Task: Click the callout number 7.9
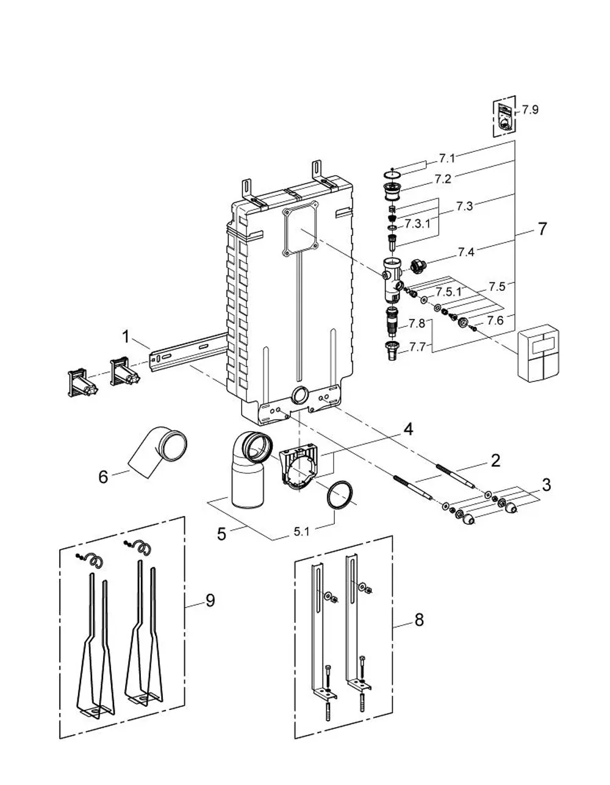pos(530,109)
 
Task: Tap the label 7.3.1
pos(417,224)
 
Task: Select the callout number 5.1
pos(301,532)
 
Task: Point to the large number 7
pos(542,229)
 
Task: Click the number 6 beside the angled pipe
pos(103,477)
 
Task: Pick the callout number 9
pos(210,600)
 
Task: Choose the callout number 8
pos(418,620)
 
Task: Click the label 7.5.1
pos(448,292)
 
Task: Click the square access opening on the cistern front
pos(301,229)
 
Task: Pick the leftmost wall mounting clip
pos(82,383)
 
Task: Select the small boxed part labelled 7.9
pos(504,116)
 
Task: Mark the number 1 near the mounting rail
pos(125,337)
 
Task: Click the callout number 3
pos(547,485)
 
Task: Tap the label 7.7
pos(418,347)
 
